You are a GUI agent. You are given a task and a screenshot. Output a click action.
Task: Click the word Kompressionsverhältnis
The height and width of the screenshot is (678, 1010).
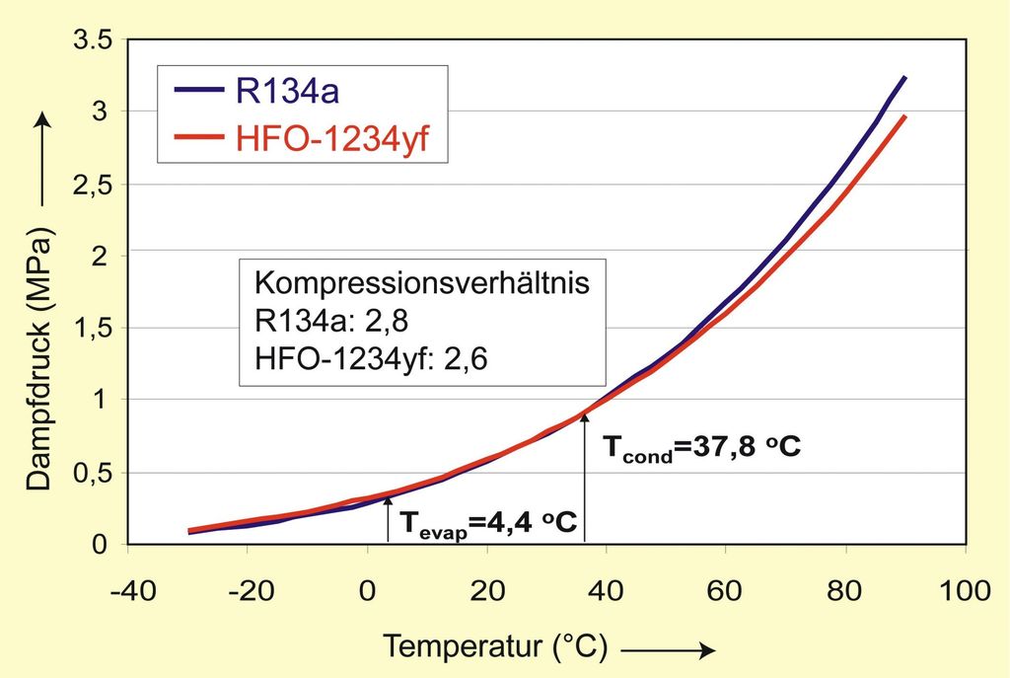(x=422, y=283)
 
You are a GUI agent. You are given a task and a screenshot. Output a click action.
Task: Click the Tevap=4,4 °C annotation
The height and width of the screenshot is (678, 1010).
(x=480, y=522)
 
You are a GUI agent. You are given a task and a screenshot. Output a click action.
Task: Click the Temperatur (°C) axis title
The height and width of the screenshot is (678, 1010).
(x=495, y=647)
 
